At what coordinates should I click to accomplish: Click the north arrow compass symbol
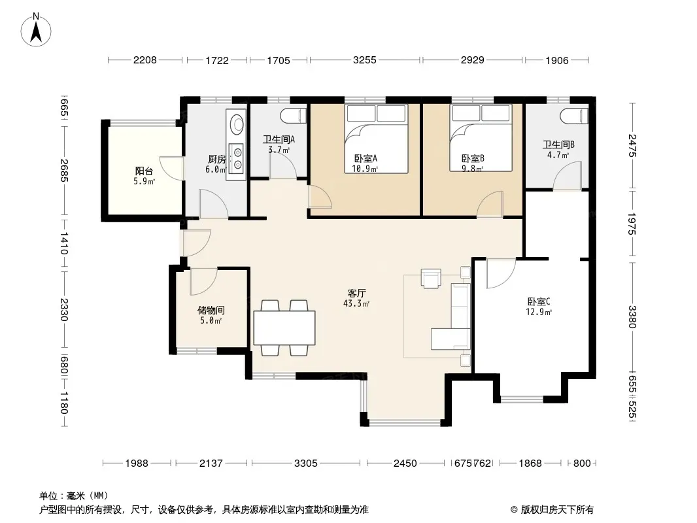pos(36,30)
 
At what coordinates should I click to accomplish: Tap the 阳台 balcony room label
pos(144,171)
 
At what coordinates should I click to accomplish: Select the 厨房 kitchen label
pos(217,159)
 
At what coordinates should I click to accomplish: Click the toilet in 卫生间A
pos(294,116)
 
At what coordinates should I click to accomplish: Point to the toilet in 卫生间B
pos(574,116)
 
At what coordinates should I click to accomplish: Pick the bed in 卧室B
pos(481,138)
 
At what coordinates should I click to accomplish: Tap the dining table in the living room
pos(284,328)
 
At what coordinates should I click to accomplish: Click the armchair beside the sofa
pos(431,278)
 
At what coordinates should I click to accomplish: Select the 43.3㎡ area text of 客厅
pos(356,304)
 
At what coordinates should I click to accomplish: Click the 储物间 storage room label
pos(211,310)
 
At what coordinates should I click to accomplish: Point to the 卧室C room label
pos(539,302)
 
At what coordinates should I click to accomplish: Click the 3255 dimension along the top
pos(364,60)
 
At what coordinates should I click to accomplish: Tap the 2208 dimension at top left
pos(145,60)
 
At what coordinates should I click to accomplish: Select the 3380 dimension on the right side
pos(632,317)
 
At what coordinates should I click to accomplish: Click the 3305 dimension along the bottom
pos(306,464)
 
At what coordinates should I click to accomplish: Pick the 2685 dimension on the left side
pos(64,171)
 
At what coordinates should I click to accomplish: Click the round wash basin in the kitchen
pos(237,123)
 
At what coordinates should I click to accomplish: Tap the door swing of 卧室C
pos(501,273)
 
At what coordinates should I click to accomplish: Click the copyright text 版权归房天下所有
pos(557,510)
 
